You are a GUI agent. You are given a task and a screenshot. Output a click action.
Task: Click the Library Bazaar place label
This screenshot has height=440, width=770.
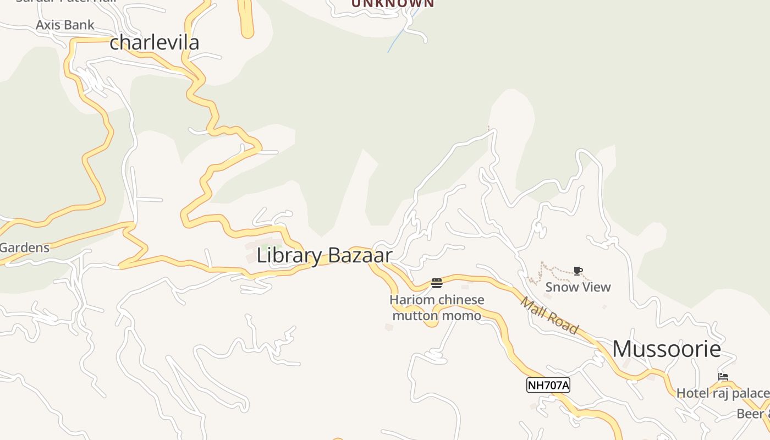(x=324, y=256)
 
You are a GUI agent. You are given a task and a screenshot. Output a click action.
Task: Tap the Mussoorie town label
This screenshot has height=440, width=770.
(x=666, y=349)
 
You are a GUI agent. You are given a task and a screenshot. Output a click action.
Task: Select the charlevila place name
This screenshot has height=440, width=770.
(x=154, y=43)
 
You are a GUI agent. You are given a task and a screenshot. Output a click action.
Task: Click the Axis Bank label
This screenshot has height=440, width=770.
(x=65, y=25)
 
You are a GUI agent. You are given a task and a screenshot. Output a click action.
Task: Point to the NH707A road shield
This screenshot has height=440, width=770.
(x=548, y=385)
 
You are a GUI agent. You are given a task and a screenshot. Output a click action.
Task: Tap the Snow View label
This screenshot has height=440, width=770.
(x=577, y=287)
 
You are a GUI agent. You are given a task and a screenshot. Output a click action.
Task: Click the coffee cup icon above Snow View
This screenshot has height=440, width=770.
(x=577, y=271)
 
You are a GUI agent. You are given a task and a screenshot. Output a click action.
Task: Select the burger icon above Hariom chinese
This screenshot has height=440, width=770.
(x=437, y=283)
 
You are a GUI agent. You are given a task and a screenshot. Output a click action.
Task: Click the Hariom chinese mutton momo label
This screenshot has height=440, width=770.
(x=437, y=307)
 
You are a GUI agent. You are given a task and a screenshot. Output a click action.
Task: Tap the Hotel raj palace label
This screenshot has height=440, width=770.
(x=722, y=393)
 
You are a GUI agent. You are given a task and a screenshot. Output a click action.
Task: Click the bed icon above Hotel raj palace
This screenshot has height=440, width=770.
(x=723, y=377)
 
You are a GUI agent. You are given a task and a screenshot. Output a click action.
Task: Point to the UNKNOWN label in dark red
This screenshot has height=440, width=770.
(x=393, y=3)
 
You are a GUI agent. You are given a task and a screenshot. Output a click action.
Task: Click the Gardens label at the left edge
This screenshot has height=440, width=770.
(x=25, y=248)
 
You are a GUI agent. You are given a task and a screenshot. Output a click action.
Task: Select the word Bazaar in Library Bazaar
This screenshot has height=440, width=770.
(x=360, y=256)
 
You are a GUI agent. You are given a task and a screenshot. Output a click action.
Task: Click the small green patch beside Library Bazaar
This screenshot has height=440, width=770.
(x=270, y=246)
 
